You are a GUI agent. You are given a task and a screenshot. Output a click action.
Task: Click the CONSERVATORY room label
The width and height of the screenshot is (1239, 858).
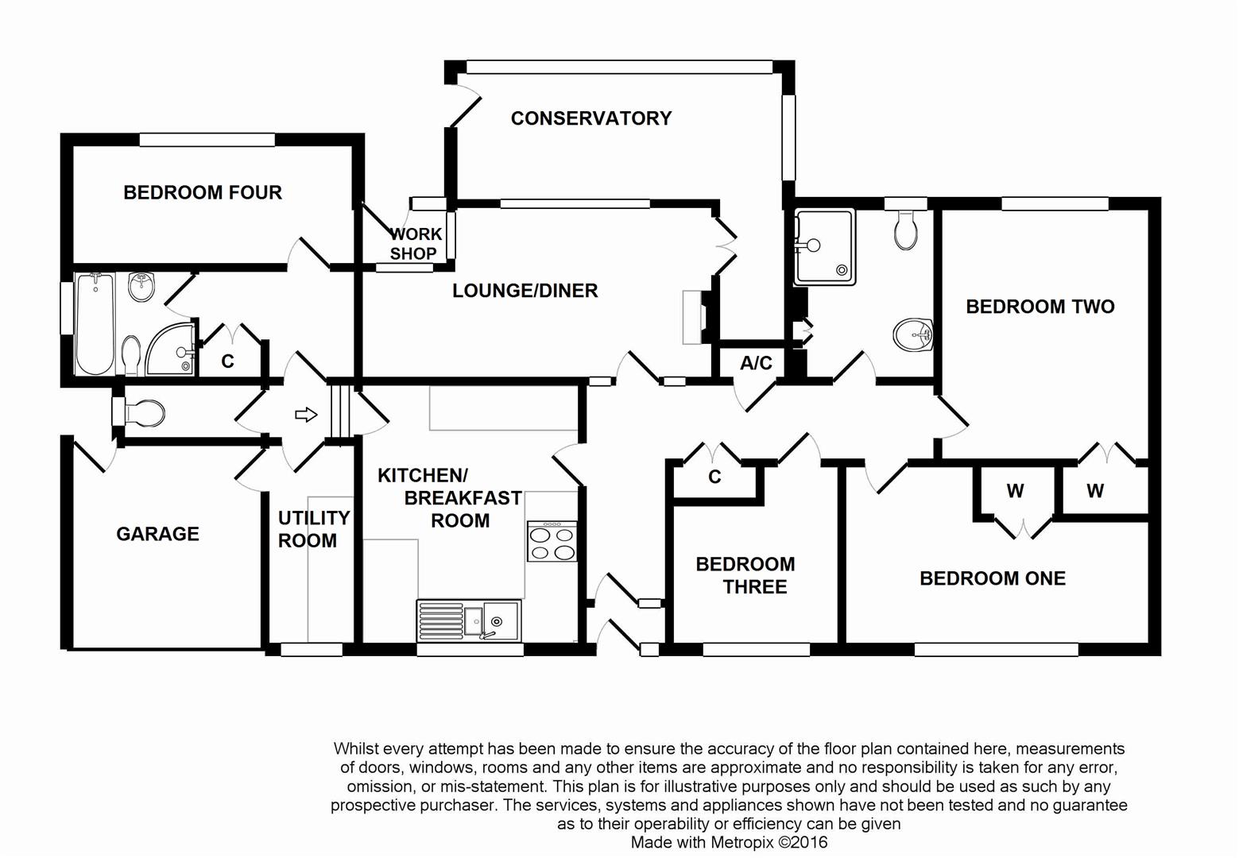pos(591,118)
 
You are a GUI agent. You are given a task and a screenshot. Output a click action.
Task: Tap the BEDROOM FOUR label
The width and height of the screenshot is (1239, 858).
pos(203,192)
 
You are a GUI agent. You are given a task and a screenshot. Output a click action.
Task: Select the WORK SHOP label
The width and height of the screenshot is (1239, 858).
pos(414,244)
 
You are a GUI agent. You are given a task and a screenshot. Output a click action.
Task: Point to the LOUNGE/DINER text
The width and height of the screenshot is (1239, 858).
pos(525,291)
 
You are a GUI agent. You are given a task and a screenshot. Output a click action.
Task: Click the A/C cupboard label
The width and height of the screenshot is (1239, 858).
pos(756,363)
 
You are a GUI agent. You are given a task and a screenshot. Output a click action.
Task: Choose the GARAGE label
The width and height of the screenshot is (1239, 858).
pos(157,534)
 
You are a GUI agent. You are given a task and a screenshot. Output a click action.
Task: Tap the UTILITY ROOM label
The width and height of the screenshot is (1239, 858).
pos(313,529)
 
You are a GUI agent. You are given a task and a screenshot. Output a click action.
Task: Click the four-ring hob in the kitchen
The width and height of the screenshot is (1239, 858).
pos(552,541)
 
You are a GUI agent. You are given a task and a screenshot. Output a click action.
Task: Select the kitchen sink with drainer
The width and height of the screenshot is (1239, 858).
pos(469,620)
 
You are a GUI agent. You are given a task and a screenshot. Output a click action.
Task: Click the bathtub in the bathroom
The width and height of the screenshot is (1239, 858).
pos(95,324)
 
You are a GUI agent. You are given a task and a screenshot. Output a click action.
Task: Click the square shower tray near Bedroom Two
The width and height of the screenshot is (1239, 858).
pos(824,246)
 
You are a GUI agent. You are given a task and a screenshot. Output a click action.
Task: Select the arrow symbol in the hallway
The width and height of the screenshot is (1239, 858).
pos(306,415)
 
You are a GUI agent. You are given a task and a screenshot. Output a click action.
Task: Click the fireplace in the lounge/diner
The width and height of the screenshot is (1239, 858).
pos(693,316)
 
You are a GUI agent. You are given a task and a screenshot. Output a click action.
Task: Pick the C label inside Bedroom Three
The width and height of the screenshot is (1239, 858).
pos(714,477)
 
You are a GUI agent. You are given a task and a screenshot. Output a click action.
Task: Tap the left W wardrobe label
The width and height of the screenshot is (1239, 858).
pos(1015,491)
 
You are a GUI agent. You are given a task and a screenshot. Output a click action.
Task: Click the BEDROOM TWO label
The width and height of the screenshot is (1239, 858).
pos(1040,307)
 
